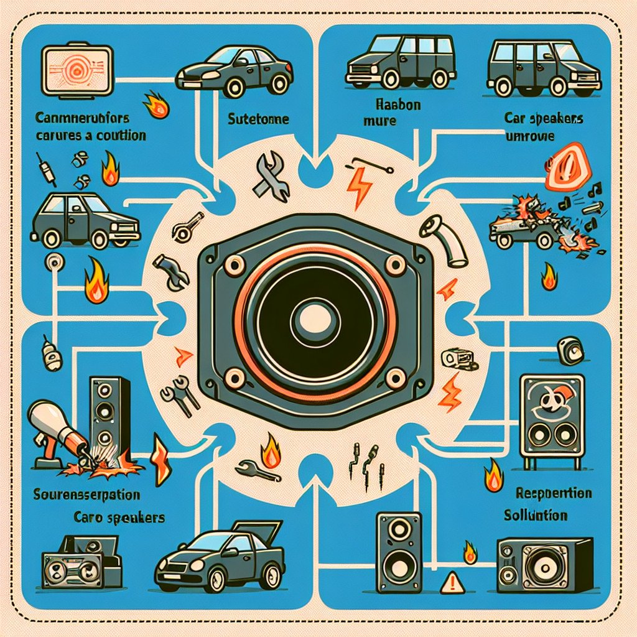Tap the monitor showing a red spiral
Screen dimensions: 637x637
click(x=75, y=72)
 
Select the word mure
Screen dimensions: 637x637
click(x=379, y=120)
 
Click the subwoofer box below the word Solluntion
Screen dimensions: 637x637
click(x=544, y=564)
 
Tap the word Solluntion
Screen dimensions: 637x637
click(x=536, y=516)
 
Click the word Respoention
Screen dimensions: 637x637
click(x=553, y=493)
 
